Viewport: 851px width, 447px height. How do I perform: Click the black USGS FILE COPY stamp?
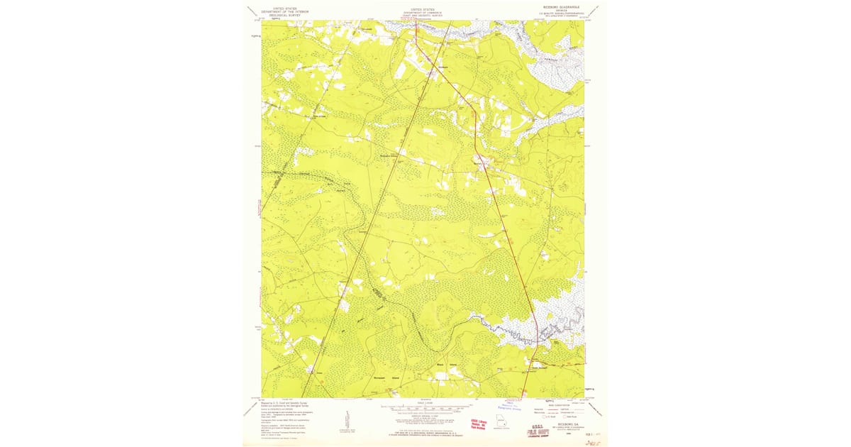pyautogui.click(x=537, y=430)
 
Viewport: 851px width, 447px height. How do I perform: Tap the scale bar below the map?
pyautogui.click(x=422, y=409)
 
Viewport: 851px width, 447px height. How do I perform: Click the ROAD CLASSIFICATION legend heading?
pyautogui.click(x=560, y=402)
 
